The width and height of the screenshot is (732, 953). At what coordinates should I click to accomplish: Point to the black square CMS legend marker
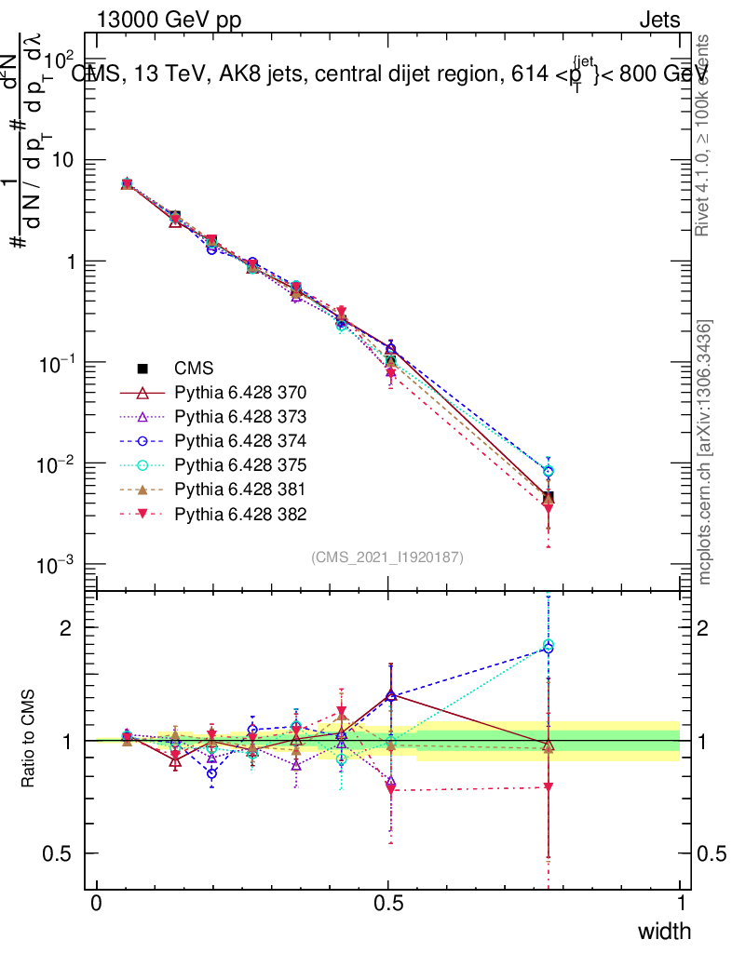pos(142,368)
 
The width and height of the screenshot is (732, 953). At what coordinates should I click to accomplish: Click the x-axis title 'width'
pos(663,931)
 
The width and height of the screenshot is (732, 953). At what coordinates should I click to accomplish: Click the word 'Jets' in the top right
pos(659,20)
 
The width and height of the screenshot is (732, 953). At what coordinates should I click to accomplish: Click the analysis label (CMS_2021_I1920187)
pos(387,557)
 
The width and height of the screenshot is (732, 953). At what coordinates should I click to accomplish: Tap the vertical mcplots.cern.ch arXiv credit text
pos(706,453)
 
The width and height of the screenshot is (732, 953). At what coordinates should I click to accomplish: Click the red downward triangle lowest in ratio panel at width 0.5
pos(390,789)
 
